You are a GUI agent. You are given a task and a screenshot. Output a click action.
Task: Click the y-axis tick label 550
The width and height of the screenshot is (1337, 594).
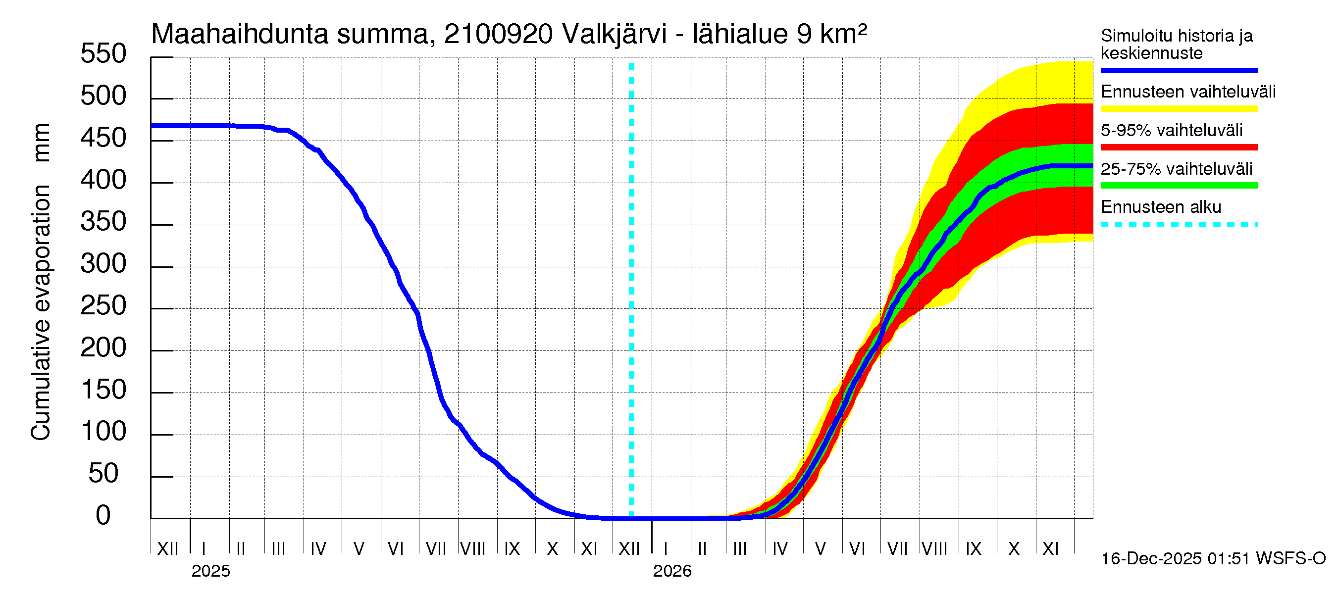[x=103, y=54]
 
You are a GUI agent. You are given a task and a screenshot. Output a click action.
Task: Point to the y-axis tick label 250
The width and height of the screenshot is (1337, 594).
[x=103, y=306]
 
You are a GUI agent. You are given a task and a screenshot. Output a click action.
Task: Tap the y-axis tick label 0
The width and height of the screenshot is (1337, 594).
[x=103, y=516]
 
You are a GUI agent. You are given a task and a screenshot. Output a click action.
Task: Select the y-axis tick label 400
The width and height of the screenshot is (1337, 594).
[x=103, y=180]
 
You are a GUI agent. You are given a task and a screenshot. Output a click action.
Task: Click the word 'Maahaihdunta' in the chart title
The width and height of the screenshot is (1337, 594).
[x=239, y=34]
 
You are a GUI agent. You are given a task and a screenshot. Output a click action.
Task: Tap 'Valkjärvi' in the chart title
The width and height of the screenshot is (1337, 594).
[x=614, y=34]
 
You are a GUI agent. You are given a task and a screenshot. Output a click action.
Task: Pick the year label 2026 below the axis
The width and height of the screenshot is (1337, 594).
[x=671, y=571]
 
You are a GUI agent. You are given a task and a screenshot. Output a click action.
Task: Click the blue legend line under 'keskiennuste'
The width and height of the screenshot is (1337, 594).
[x=1179, y=70]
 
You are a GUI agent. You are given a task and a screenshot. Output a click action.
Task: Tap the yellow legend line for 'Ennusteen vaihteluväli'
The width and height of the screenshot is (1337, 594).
[x=1179, y=109]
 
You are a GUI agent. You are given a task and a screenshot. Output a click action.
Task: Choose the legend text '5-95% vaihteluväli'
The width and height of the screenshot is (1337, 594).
[x=1171, y=130]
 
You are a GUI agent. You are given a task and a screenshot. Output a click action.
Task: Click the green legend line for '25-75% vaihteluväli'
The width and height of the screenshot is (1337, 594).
[x=1179, y=186]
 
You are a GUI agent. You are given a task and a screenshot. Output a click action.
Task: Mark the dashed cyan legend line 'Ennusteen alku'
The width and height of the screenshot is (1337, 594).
[x=1179, y=225]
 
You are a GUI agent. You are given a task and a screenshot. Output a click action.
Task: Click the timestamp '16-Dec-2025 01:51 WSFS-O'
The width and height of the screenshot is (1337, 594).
[x=1213, y=559]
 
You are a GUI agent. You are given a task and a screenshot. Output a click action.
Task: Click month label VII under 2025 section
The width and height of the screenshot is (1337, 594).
[x=435, y=548]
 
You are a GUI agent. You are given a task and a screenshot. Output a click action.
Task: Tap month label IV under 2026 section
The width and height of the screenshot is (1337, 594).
[x=779, y=548]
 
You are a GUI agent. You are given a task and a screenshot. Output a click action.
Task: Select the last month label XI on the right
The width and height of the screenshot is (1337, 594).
[x=1050, y=548]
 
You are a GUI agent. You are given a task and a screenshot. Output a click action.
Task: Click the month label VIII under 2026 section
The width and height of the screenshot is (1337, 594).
[x=934, y=548]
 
